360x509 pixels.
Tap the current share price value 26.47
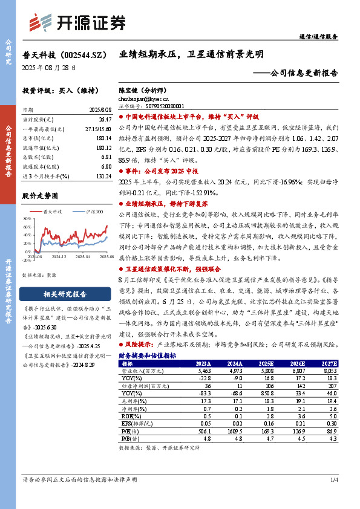click(103, 121)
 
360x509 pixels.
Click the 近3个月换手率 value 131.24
click(102, 175)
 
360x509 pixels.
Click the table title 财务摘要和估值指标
click(147, 355)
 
